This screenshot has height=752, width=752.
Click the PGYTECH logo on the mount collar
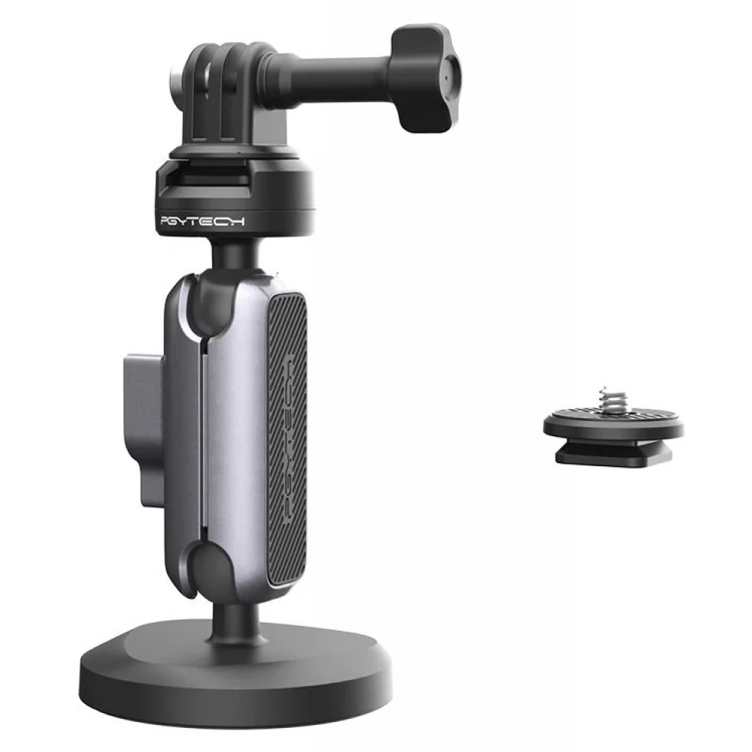[x=202, y=221]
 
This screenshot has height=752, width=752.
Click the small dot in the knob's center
[x=446, y=78]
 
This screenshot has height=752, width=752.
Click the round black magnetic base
[x=235, y=674]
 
